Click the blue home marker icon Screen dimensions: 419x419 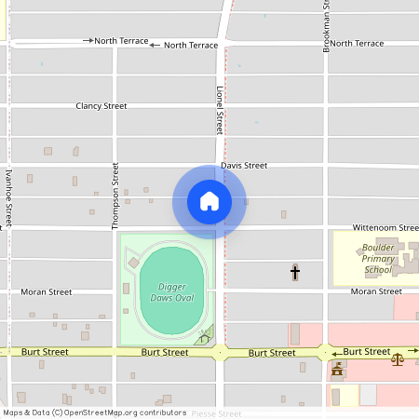coord(209,201)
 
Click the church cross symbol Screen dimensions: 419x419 coord(295,273)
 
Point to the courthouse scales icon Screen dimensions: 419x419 coord(399,357)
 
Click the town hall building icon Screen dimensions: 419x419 coord(337,372)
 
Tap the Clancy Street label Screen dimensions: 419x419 coord(101,106)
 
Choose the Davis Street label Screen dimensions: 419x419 coord(244,165)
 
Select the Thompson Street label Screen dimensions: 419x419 coord(116,196)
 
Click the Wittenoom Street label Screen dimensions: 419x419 coord(385,227)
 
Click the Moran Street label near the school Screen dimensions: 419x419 coord(376,291)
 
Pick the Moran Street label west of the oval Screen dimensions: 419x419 coord(46,291)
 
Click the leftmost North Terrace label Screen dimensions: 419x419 coord(121,41)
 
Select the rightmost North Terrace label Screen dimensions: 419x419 coord(356,44)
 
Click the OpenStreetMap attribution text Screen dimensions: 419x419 coord(94,412)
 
